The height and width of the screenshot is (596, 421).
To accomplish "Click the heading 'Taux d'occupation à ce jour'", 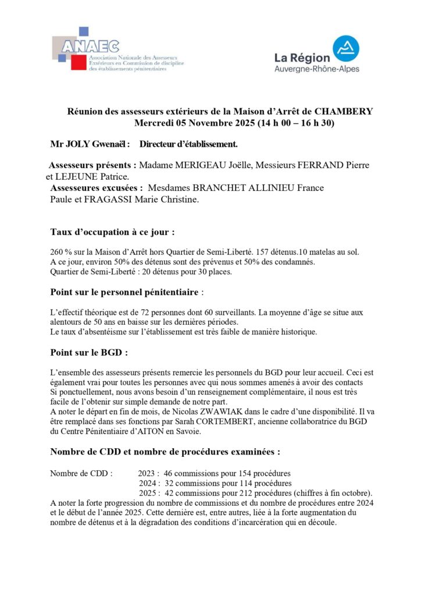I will coord(112,232).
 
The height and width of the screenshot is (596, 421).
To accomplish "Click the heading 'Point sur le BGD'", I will coord(89,352).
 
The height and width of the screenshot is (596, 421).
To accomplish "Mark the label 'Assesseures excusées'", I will coord(96,188).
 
